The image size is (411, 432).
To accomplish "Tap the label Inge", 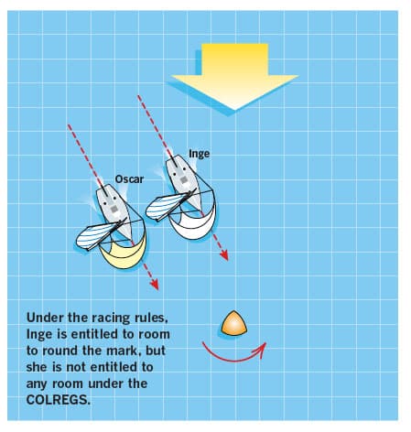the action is point(200,154).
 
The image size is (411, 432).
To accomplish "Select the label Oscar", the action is point(129,179).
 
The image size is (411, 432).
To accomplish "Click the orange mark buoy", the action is point(233,323).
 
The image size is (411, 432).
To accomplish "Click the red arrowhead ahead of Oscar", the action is point(155,285).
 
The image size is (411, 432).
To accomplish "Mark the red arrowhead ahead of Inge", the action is point(224,255).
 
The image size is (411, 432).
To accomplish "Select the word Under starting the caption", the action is point(45,318).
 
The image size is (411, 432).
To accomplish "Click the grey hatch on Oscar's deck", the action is point(114,210).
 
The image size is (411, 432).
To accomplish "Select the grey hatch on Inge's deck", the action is point(183,180).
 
